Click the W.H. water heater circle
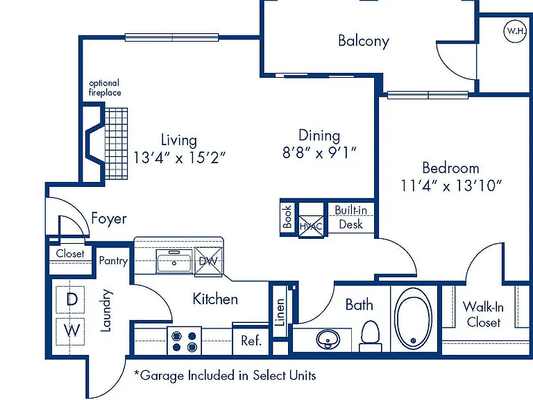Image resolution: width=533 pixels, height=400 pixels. [515, 31]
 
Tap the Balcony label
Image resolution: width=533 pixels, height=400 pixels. [364, 41]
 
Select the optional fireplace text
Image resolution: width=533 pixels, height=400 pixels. [105, 87]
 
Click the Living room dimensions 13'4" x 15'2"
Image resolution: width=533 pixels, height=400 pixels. [179, 158]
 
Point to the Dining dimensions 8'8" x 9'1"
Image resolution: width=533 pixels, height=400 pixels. [319, 153]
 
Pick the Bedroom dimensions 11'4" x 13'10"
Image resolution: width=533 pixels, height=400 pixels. [450, 185]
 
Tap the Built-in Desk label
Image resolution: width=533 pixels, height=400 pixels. [350, 217]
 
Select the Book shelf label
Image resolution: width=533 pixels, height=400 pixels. [287, 217]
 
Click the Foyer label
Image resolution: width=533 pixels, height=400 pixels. [109, 218]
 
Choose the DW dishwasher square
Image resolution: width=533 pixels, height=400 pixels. [208, 261]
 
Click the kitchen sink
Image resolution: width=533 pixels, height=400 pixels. [174, 261]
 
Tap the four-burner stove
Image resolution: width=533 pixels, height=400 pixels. [184, 341]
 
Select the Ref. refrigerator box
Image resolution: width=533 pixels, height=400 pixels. [251, 340]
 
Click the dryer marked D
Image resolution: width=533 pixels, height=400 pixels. [70, 299]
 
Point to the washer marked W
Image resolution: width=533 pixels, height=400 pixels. [70, 331]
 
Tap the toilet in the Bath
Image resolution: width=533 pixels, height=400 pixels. [370, 336]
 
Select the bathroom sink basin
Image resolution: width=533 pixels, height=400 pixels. [328, 339]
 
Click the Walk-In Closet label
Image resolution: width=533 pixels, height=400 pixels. [483, 315]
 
